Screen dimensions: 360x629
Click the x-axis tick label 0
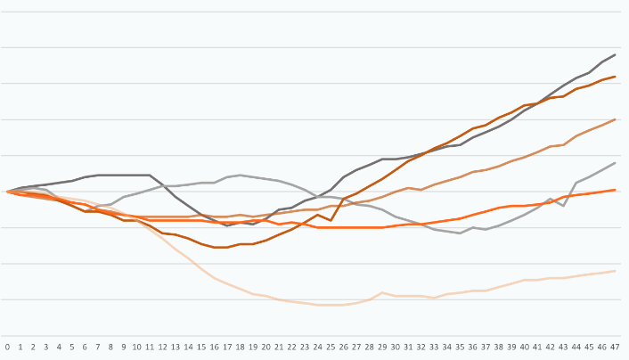tap(8, 347)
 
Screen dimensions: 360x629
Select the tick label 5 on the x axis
tap(72, 347)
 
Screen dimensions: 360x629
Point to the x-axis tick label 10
tap(137, 347)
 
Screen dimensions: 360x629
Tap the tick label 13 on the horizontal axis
tap(176, 347)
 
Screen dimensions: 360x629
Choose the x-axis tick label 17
tap(227, 347)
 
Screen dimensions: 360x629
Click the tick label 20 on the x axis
tap(266, 347)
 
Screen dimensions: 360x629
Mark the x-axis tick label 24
tap(318, 347)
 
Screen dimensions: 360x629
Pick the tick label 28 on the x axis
tap(370, 347)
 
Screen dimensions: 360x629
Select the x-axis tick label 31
tap(408, 347)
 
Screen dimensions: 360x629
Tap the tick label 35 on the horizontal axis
tap(460, 347)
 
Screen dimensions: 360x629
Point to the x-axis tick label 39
tap(511, 347)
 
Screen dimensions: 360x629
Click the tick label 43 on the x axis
tap(563, 347)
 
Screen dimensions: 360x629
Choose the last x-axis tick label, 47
tap(615, 347)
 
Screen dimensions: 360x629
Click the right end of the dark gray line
tap(615, 54)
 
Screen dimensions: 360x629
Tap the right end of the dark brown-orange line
tap(615, 77)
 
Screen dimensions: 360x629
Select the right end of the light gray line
tap(615, 163)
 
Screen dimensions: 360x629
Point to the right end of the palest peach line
tap(615, 271)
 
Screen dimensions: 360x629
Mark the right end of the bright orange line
tap(615, 190)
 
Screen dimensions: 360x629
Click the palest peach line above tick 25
tap(331, 305)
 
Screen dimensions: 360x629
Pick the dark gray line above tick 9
tap(124, 175)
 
